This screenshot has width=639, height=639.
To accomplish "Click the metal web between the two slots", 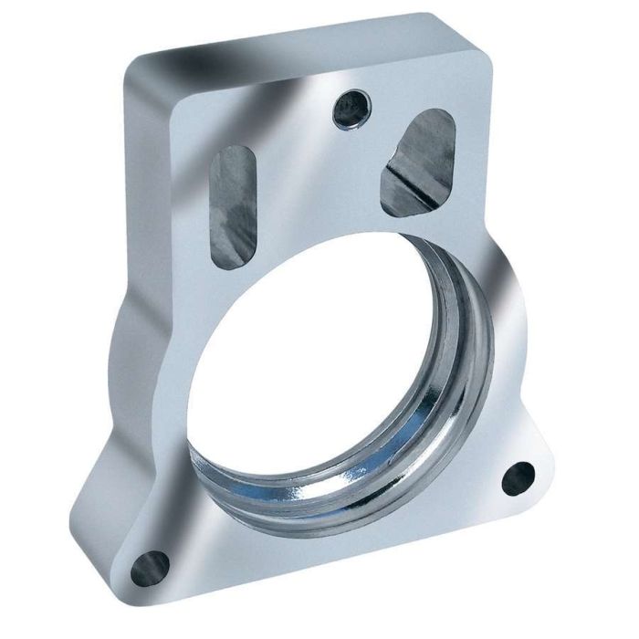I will (310, 183).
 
